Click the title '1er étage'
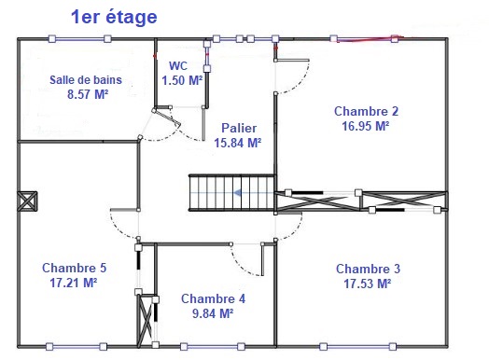pos(114,17)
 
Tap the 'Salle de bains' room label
pos(86,80)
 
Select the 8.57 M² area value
pos(88,94)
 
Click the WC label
pos(178,66)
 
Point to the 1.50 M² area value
pos(182,80)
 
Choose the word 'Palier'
pos(239,128)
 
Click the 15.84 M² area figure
pos(238,143)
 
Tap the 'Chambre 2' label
pos(366,111)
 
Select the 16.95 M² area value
pos(366,126)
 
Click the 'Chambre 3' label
pos(368,269)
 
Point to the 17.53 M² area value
pos(368,284)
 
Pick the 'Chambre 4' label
pos(213,298)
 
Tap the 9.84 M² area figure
pos(213,313)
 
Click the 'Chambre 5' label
pos(75,268)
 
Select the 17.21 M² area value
pos(74,283)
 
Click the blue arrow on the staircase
pos(254,193)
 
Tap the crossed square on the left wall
pos(27,201)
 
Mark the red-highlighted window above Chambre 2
pos(364,39)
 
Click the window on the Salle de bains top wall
pos(79,39)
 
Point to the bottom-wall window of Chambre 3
pos(358,346)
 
